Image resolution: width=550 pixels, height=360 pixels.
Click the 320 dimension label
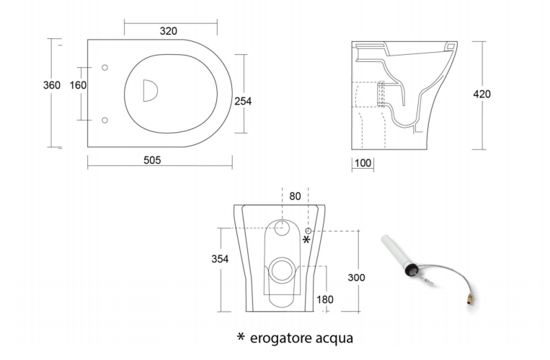point(169,31)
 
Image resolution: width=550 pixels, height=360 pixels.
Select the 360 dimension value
point(52,85)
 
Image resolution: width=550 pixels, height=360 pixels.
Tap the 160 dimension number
point(78,85)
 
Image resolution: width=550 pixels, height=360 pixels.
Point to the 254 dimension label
point(243,101)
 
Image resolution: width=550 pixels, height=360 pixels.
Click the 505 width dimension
point(152,160)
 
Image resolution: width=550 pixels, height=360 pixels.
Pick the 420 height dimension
point(482,94)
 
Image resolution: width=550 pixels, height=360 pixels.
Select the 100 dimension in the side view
point(363,163)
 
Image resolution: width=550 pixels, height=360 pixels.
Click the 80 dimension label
point(295,196)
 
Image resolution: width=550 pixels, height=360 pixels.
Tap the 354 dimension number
point(220,259)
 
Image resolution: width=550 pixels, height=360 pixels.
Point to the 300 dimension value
point(356,278)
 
